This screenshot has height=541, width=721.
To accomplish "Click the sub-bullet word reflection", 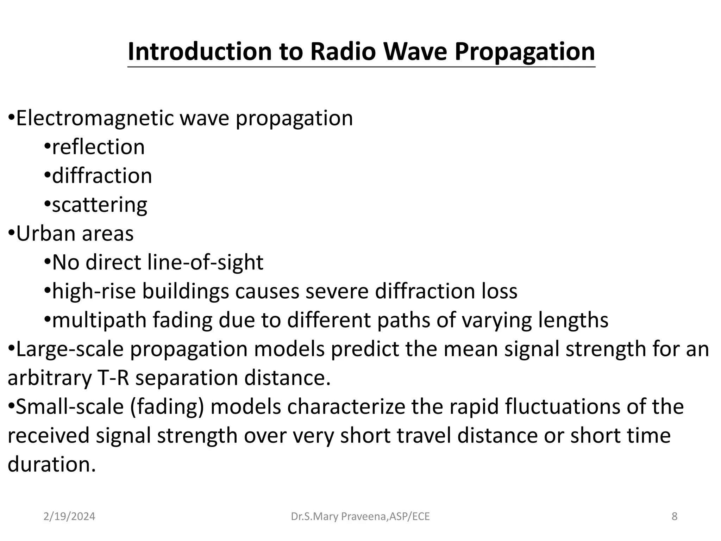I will tap(98, 147).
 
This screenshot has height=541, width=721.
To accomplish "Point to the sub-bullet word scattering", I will tap(100, 205).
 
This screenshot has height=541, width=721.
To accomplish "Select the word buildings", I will tap(185, 291).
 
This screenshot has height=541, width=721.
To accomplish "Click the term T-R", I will tap(112, 378).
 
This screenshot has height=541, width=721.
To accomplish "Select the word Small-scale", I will tap(70, 407).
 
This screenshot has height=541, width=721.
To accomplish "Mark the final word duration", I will tap(51, 465).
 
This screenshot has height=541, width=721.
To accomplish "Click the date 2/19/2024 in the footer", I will tap(69, 517).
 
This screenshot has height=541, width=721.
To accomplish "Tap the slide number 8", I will tap(675, 517).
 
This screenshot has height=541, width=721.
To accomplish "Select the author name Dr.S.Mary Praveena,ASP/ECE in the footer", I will tap(360, 517).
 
